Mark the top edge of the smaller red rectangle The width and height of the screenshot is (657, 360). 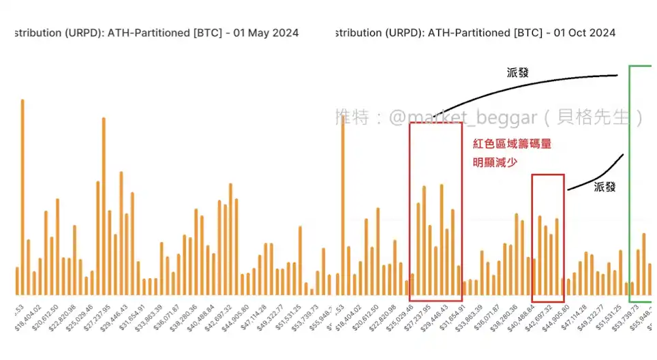click(x=548, y=175)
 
